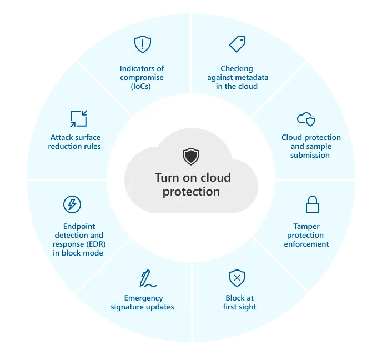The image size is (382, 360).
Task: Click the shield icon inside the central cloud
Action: tap(190, 156)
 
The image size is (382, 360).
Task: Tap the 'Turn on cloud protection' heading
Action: tap(192, 185)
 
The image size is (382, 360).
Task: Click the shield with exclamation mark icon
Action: tap(143, 44)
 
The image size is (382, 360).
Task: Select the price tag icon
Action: tap(237, 44)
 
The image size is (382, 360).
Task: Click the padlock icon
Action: tap(312, 204)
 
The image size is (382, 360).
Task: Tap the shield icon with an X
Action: tap(237, 278)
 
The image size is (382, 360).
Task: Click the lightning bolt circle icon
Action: tap(72, 204)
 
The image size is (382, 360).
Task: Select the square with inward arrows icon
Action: tap(78, 118)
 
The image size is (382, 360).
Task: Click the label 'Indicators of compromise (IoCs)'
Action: tap(142, 77)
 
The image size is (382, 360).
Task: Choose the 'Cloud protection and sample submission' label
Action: tap(311, 146)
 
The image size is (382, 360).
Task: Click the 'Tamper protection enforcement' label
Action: tap(306, 235)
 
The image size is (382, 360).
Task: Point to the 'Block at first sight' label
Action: tap(240, 302)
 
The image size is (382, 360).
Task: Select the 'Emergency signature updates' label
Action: tap(143, 302)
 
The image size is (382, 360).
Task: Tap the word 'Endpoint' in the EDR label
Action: tap(79, 227)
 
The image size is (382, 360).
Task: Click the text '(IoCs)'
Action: tap(142, 86)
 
